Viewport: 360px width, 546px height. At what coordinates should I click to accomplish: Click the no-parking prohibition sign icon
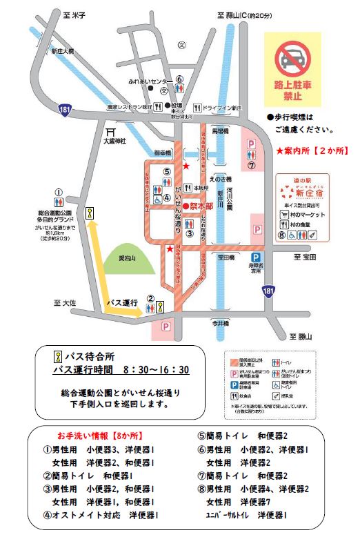click(293, 58)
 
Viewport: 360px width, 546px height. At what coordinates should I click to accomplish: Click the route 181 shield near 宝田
click(267, 293)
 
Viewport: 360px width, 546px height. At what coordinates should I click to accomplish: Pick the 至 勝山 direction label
click(300, 336)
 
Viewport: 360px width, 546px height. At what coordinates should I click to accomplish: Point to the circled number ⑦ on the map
click(252, 166)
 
